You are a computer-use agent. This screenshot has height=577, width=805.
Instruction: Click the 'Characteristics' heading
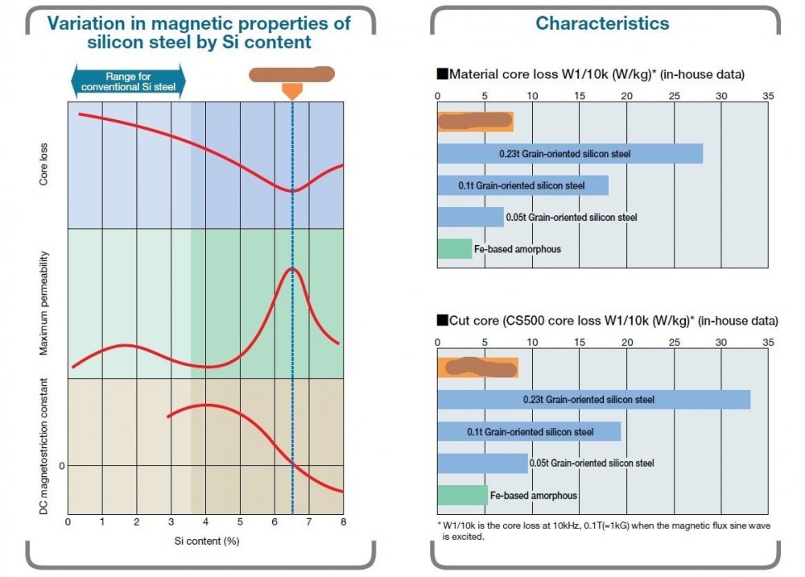(x=602, y=23)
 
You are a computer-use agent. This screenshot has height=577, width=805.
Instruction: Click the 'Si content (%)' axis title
(x=205, y=541)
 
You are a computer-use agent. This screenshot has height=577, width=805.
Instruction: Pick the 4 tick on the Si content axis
(x=205, y=522)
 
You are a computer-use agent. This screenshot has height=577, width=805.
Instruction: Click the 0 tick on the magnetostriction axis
(x=61, y=466)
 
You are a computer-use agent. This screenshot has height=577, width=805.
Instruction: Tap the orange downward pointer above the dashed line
(x=292, y=91)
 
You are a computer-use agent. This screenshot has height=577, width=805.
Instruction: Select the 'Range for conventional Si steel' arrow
(x=129, y=81)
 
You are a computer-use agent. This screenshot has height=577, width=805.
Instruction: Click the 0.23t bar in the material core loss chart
(x=570, y=153)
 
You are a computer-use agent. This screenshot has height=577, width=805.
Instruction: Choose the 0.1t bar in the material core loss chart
(x=522, y=185)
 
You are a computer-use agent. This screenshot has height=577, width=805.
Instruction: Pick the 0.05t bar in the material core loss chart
(x=470, y=217)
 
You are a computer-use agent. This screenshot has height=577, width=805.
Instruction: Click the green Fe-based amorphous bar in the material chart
(x=454, y=249)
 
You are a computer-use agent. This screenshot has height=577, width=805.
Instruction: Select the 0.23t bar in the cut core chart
(x=593, y=399)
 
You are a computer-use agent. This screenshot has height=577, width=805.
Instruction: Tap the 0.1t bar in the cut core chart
(x=529, y=431)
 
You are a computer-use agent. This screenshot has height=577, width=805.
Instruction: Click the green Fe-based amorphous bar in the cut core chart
(x=462, y=495)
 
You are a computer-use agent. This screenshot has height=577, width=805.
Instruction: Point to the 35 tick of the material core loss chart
(x=768, y=95)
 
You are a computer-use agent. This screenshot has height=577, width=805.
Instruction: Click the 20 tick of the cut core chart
(x=626, y=341)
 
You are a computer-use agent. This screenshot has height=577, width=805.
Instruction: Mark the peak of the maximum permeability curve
(x=293, y=268)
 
